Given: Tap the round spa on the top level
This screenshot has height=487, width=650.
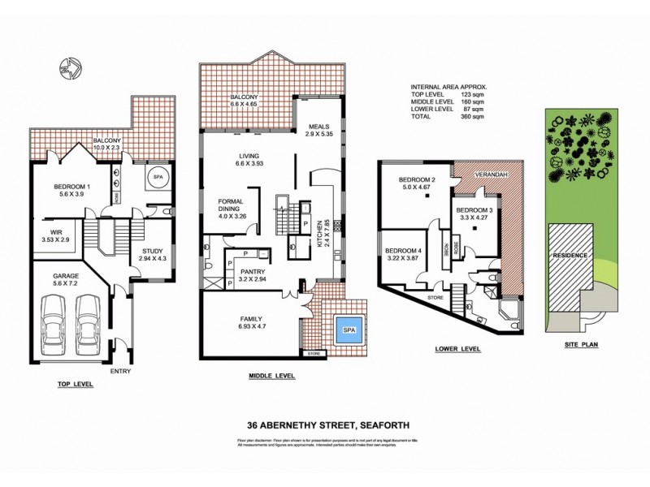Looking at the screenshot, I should [x=156, y=179].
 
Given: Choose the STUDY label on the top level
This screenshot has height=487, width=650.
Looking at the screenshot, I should [x=153, y=252].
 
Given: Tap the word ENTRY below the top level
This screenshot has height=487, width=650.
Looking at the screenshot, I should [x=120, y=371].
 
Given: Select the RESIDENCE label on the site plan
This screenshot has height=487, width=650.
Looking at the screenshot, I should [x=570, y=255].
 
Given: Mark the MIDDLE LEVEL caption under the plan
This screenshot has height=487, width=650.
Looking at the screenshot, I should [x=272, y=377].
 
